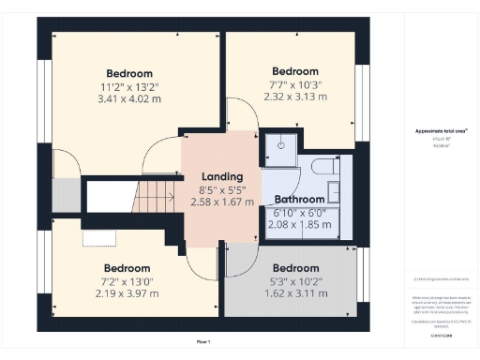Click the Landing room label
[222, 175]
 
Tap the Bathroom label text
[299, 200]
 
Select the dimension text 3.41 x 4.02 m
[128, 98]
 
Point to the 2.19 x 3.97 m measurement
[127, 292]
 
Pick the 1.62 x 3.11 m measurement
[295, 292]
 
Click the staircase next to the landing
[131, 197]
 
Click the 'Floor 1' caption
[203, 342]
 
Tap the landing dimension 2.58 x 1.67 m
[222, 201]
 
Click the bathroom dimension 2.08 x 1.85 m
[299, 224]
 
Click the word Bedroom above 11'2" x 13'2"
[128, 73]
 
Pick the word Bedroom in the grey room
[295, 267]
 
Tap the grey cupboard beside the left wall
[65, 195]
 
